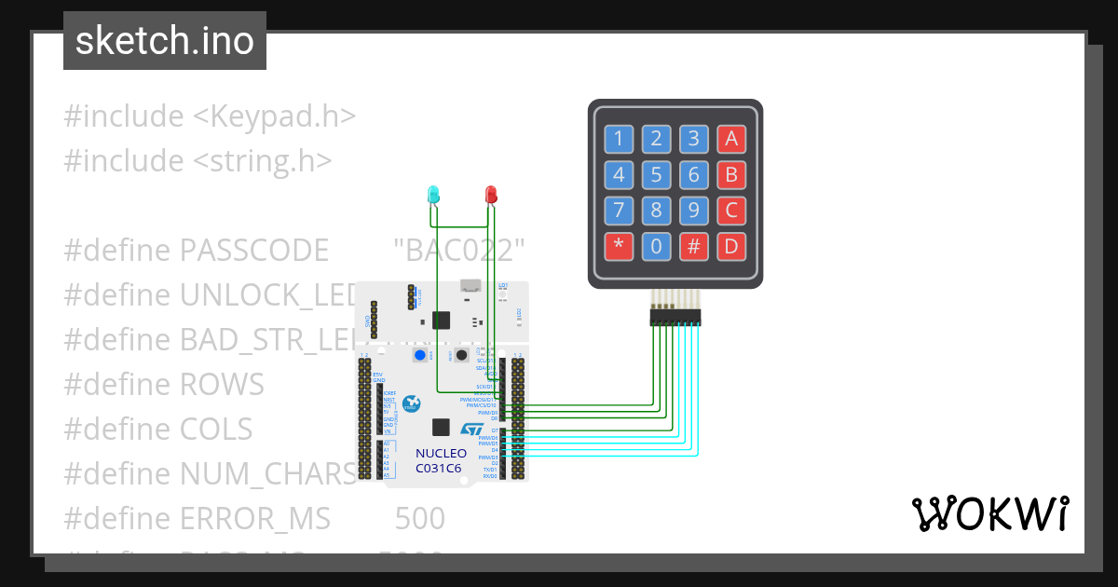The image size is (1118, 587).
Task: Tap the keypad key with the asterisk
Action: tap(619, 246)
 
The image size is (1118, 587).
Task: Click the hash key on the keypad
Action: tap(693, 246)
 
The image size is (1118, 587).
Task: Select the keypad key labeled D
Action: tap(731, 246)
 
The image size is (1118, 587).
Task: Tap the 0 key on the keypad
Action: tap(656, 246)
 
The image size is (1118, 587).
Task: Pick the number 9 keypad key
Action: tap(693, 211)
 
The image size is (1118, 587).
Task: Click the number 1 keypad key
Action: tap(619, 140)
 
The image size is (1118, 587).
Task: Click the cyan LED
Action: tap(433, 194)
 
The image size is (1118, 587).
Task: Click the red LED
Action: tap(491, 194)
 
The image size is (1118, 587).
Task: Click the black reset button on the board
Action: tap(461, 355)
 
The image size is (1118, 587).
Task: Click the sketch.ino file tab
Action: tap(165, 41)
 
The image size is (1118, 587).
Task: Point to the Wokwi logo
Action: tap(989, 513)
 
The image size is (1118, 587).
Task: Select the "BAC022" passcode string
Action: tap(459, 250)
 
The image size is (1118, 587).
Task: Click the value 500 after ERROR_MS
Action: tap(419, 518)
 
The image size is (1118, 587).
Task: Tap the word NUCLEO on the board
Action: tap(441, 454)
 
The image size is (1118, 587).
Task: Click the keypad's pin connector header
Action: tap(675, 318)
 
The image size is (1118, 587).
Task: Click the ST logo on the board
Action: tap(472, 430)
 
